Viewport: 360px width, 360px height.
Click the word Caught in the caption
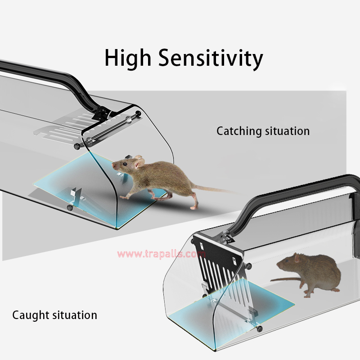pos(31,315)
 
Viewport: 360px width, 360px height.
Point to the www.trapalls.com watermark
pos(162,254)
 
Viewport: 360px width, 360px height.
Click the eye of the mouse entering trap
pos(124,164)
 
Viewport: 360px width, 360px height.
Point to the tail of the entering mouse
pos(216,189)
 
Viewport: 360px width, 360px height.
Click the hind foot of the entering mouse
pos(194,207)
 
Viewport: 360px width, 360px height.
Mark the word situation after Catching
pos(288,131)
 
